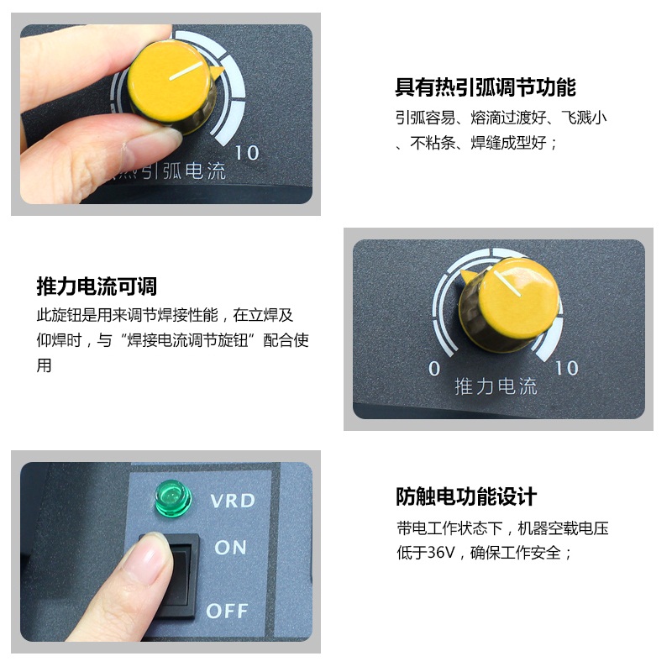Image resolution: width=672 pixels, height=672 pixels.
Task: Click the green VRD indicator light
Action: click(x=173, y=498)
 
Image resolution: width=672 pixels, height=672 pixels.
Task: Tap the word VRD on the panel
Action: click(x=233, y=501)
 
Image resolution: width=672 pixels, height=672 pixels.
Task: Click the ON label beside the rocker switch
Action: click(x=230, y=548)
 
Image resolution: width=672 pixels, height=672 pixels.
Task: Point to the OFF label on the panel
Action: click(x=227, y=611)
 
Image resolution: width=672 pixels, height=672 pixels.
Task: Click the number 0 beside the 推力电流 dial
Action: click(x=434, y=369)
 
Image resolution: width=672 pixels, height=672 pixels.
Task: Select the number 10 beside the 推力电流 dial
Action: click(x=566, y=368)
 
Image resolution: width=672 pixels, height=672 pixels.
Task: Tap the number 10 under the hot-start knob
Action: click(x=247, y=153)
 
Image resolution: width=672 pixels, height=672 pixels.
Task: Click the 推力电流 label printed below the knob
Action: click(x=496, y=386)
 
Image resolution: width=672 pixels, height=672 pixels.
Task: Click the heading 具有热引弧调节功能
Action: click(x=486, y=87)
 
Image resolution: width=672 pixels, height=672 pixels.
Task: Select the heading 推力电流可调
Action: click(x=97, y=286)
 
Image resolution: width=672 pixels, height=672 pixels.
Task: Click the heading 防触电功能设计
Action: click(x=466, y=496)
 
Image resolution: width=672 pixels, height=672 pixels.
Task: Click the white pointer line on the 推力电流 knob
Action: click(x=507, y=283)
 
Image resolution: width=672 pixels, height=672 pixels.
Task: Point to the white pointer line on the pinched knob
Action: click(x=186, y=71)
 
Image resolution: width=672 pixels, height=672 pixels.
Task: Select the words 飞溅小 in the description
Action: click(x=584, y=118)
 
